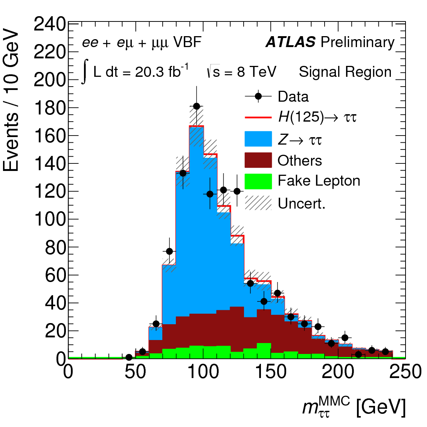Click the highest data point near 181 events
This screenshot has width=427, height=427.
tap(197, 107)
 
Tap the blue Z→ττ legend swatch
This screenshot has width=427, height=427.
tap(258, 139)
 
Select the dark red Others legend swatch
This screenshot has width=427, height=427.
tap(258, 160)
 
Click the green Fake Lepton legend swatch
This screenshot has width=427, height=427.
tap(258, 181)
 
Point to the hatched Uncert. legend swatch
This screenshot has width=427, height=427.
tap(258, 203)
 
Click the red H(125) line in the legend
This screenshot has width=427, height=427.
tap(258, 117)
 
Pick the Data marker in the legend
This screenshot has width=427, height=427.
tap(258, 96)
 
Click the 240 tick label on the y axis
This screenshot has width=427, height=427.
tap(50, 25)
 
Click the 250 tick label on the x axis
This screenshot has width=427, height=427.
tap(405, 372)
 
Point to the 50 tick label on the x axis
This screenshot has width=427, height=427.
tap(136, 372)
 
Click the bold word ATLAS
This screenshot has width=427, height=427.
tap(290, 42)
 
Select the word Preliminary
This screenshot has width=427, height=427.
tap(357, 42)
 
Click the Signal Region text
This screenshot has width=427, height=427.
tap(345, 72)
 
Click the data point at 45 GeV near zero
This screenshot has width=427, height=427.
tap(129, 357)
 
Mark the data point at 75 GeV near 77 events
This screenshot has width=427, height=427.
tap(169, 251)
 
